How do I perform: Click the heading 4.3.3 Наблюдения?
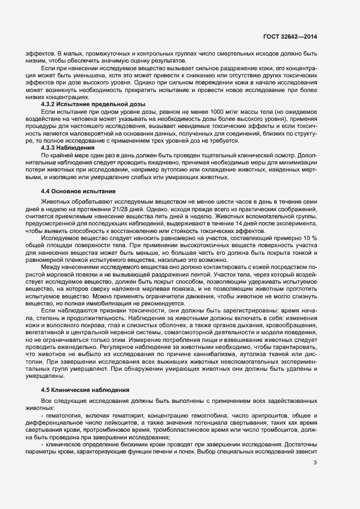68,148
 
